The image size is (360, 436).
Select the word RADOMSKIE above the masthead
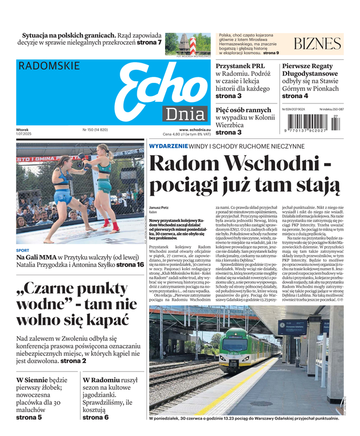[x=49, y=66]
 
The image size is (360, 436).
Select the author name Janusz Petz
[x=158, y=208]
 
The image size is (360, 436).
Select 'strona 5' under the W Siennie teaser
[x=29, y=417]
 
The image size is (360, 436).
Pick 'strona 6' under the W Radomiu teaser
[x=95, y=417]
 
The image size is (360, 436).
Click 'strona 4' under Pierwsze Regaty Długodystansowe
[x=295, y=96]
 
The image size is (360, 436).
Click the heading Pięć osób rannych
[x=243, y=110]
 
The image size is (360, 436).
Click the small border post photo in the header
[x=180, y=43]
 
